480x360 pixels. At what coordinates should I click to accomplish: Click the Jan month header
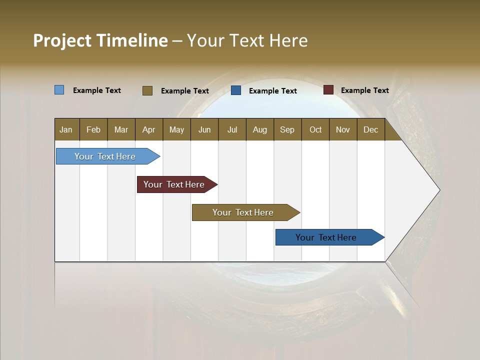pos(66,129)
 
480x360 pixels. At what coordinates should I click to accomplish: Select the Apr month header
pos(148,129)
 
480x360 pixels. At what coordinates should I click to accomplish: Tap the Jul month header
pos(232,129)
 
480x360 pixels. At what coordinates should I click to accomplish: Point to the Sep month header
pos(287,129)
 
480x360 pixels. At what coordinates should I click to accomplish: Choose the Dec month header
pos(370,129)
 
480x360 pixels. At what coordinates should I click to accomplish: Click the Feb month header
pos(93,129)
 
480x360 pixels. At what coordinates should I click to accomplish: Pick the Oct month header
pos(315,129)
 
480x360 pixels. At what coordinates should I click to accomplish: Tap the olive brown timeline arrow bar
pos(243,212)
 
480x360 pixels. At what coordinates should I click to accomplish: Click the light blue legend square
pos(59,90)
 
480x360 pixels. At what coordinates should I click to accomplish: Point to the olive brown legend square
pos(147,90)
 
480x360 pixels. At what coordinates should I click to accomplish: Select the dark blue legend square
pos(236,90)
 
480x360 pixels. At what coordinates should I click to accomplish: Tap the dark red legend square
pos(328,90)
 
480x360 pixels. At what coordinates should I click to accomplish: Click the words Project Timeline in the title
pos(100,40)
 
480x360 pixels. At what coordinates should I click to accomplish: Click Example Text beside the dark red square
pos(364,90)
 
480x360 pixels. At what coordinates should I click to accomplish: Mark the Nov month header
pos(343,129)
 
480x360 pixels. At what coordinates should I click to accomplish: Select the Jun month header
pos(204,129)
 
